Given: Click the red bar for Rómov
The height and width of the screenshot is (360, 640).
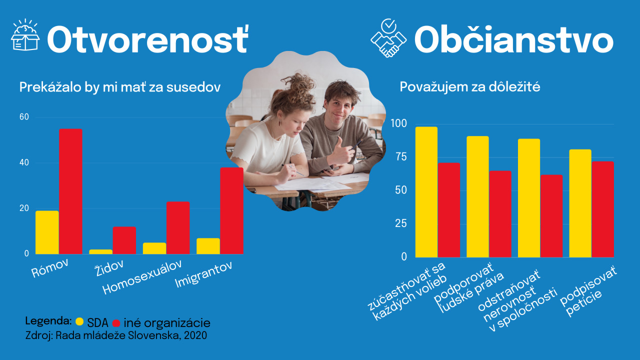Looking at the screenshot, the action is click(70, 191).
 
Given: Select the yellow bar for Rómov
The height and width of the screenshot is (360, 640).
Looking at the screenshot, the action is click(47, 232).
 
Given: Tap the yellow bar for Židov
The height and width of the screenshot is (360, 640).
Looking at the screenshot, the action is click(101, 251).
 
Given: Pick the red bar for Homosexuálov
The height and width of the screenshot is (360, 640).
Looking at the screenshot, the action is click(178, 227).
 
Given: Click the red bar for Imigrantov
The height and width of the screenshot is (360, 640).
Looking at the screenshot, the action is click(231, 210).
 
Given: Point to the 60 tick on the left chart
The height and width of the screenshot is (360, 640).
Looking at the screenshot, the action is click(24, 117).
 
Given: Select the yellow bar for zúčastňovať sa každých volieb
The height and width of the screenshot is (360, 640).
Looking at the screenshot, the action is click(426, 192).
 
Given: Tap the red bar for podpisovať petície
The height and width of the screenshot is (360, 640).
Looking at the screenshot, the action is click(603, 209).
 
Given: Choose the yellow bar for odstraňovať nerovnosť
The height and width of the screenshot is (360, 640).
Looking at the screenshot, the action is click(529, 198).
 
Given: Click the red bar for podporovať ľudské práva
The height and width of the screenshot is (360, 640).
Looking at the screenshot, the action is click(500, 214).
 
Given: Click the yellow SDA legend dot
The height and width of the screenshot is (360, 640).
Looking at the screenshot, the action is click(79, 321).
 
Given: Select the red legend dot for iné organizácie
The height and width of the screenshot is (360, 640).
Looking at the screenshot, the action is click(116, 323).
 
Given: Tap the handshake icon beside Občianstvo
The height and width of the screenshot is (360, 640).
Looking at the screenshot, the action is click(388, 38).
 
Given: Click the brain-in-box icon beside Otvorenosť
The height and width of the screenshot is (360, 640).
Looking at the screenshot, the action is click(25, 35).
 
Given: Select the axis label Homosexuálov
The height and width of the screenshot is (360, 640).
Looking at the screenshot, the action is click(142, 277).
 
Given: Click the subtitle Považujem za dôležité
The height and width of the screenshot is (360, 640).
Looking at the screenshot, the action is click(469, 87).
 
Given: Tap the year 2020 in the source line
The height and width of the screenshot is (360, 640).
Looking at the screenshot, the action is click(195, 335).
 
